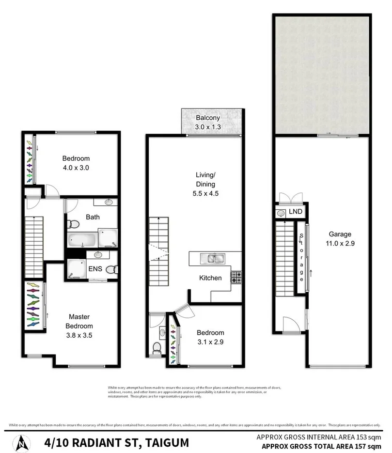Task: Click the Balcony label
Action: pos(208,118)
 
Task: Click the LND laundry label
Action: pos(296,212)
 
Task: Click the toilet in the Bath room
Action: pos(73,224)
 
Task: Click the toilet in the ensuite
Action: pos(110,270)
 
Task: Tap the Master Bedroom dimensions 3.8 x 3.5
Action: pos(79,334)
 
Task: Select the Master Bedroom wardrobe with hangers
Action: pos(33,304)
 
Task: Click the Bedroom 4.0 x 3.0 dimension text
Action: pos(76,167)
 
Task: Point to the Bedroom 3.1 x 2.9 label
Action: pos(210,333)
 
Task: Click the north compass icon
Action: pos(22,442)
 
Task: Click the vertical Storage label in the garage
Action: pos(301,257)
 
